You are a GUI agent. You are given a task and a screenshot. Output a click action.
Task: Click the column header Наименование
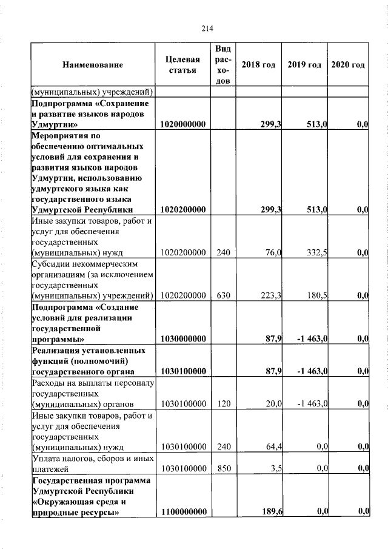[92, 65]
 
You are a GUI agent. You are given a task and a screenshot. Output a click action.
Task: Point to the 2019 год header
[304, 65]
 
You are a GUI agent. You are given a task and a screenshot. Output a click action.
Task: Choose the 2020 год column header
[348, 65]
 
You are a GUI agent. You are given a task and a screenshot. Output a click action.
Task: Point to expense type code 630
[223, 295]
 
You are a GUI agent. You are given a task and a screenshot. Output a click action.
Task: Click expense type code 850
[223, 469]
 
